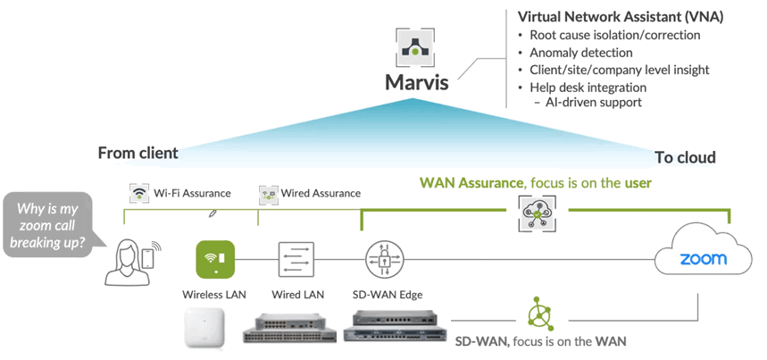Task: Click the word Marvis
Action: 416,83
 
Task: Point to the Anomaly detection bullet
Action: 580,52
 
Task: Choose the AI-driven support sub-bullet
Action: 593,103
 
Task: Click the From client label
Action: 138,152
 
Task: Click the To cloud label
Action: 685,157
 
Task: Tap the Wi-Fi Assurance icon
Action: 138,192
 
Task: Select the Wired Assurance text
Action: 321,193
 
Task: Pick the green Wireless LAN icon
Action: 214,260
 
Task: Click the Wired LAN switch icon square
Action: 296,260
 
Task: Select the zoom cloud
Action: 703,259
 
